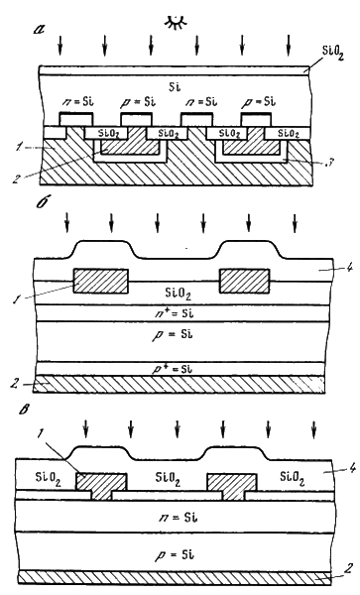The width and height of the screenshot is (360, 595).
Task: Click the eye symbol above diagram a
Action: point(175,23)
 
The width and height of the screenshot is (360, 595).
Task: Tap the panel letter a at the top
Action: point(39,29)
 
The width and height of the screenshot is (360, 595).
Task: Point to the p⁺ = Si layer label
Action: point(176,369)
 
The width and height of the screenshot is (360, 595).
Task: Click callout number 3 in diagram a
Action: point(331,164)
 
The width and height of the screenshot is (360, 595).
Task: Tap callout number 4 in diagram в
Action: point(352,468)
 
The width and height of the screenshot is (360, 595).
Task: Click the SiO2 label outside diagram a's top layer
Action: point(332,54)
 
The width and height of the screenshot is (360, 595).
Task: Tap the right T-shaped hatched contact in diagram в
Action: point(232,486)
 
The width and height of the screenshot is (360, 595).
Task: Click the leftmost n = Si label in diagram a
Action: point(77,102)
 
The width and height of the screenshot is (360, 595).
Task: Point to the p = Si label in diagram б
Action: point(173,335)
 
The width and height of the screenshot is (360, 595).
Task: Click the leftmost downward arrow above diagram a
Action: point(60,44)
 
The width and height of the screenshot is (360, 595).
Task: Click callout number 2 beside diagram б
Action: point(16,384)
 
